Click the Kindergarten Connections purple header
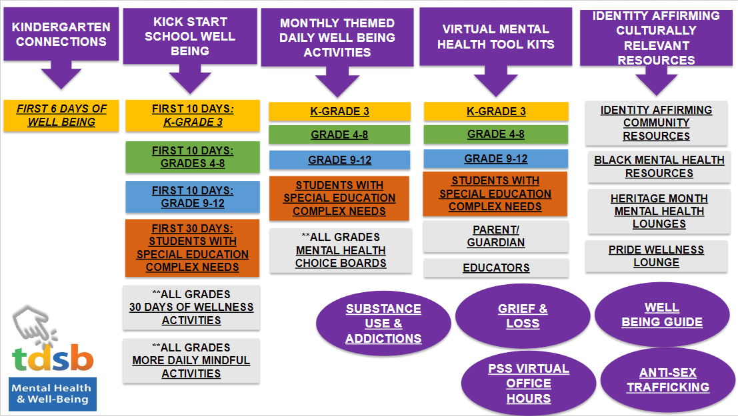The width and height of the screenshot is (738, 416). [61, 35]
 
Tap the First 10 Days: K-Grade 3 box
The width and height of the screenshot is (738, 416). [192, 116]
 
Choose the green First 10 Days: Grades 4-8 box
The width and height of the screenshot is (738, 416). [192, 157]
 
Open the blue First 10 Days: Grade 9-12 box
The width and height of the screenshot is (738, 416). [192, 197]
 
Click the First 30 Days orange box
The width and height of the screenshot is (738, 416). [192, 248]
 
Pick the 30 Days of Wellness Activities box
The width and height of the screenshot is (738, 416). [192, 308]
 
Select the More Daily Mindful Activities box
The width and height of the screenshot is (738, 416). [192, 361]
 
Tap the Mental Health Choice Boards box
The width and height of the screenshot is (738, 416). [340, 250]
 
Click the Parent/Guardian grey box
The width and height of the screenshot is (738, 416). [495, 236]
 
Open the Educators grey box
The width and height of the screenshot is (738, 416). [496, 268]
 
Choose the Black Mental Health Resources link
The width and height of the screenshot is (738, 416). [659, 167]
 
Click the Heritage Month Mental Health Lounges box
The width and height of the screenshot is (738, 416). [659, 211]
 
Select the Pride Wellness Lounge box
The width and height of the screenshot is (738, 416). [656, 256]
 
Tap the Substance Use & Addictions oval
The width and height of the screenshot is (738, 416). [383, 323]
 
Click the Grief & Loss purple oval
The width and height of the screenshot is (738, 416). [523, 316]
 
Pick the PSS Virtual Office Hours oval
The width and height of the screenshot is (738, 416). [528, 383]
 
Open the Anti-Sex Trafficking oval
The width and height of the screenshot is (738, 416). [667, 380]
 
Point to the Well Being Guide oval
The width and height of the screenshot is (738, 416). [662, 315]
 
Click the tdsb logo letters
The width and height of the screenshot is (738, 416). [53, 360]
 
